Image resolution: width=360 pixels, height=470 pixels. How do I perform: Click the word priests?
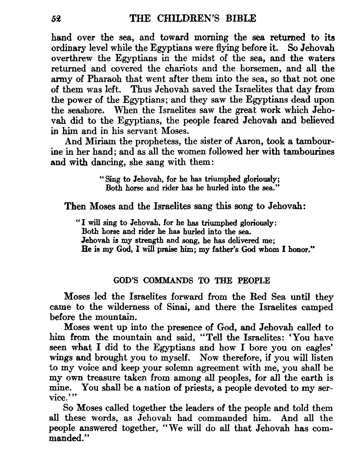tap(194, 388)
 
